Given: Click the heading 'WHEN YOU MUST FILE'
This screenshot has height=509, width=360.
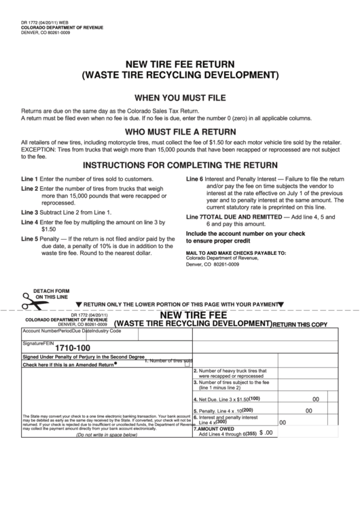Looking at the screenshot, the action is click(x=179, y=96).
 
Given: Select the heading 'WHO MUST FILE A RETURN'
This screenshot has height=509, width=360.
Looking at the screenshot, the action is click(x=179, y=131).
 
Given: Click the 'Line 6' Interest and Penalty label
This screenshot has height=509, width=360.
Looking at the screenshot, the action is click(x=194, y=179).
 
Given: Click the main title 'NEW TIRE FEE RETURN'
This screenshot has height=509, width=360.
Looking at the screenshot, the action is click(x=179, y=60).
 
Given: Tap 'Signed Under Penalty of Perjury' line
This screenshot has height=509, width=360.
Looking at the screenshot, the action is click(x=83, y=356).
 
